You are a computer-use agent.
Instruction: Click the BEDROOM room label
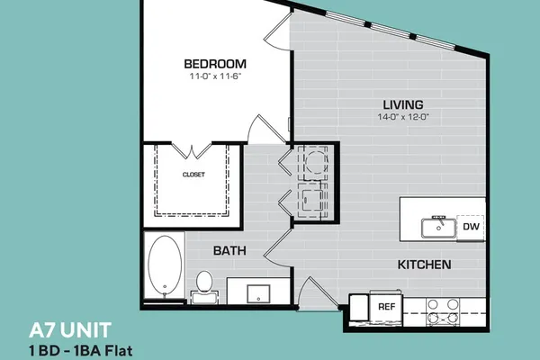pyautogui.click(x=215, y=64)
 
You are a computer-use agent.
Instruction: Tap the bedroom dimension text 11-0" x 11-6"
pyautogui.click(x=215, y=76)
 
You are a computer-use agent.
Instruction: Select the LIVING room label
pyautogui.click(x=403, y=104)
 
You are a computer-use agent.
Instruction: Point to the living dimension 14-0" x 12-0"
pyautogui.click(x=403, y=117)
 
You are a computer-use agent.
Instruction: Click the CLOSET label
pyautogui.click(x=193, y=175)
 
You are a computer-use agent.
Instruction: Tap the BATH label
pyautogui.click(x=229, y=250)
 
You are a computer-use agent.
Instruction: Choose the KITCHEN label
pyautogui.click(x=424, y=265)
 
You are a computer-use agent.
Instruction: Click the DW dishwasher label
pyautogui.click(x=471, y=226)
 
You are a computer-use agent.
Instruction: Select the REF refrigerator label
pyautogui.click(x=387, y=306)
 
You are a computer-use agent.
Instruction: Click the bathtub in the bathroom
pyautogui.click(x=165, y=265)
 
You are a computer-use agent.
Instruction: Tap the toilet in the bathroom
pyautogui.click(x=204, y=286)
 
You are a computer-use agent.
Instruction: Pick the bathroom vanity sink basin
pyautogui.click(x=258, y=294)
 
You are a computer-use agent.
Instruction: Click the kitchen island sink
pyautogui.click(x=439, y=227)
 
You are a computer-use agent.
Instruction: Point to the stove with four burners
pyautogui.click(x=443, y=312)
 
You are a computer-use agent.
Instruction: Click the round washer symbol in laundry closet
pyautogui.click(x=317, y=162)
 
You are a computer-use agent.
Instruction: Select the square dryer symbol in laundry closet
pyautogui.click(x=312, y=200)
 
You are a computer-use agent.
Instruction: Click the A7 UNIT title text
pyautogui.click(x=70, y=330)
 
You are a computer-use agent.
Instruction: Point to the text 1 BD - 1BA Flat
pyautogui.click(x=81, y=351)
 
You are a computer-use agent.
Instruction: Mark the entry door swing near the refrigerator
pyautogui.click(x=319, y=292)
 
